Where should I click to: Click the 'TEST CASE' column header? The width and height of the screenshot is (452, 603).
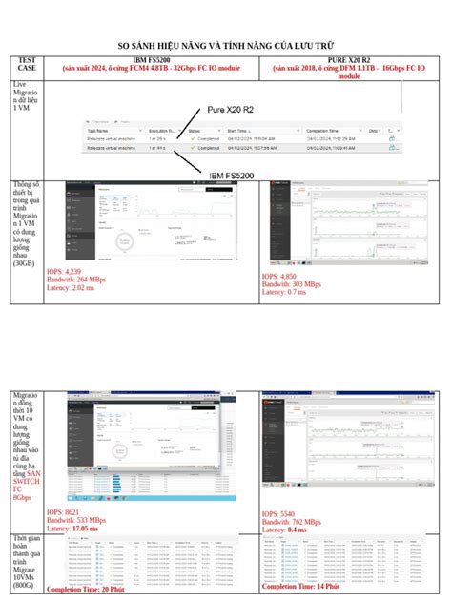(28, 65)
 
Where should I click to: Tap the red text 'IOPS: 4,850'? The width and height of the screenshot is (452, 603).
(281, 277)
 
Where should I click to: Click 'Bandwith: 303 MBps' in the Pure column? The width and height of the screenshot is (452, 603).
(297, 284)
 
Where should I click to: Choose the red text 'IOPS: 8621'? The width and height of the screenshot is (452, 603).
(65, 511)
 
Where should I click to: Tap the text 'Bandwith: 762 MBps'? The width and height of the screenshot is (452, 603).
(297, 522)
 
